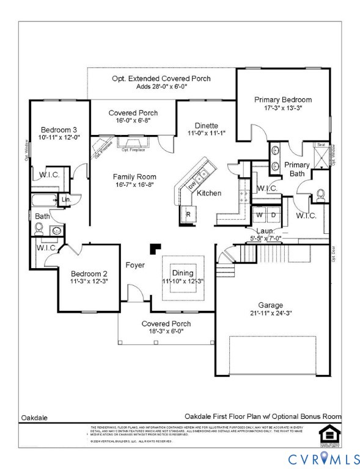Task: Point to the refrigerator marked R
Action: tap(188, 215)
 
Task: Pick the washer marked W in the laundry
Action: tap(259, 215)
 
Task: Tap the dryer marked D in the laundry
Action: tap(273, 215)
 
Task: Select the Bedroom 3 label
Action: tap(59, 129)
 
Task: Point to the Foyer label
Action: tap(135, 265)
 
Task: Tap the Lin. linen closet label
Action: tap(65, 199)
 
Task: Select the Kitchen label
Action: tap(209, 194)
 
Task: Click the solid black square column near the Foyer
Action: tap(155, 249)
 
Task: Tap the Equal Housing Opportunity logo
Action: tap(328, 434)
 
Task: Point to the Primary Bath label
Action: tap(297, 169)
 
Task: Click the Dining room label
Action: tap(182, 273)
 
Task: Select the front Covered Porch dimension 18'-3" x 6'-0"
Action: tap(166, 332)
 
